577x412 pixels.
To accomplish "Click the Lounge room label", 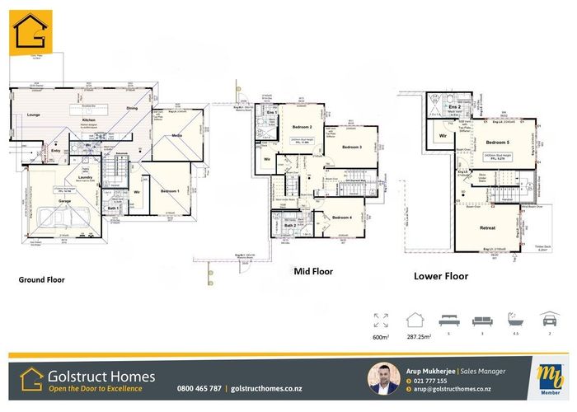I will coord(34,115).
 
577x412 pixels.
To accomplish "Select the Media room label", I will coord(177,136).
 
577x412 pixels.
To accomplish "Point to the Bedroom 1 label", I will coord(171,190).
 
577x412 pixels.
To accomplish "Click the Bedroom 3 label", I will coord(353,147).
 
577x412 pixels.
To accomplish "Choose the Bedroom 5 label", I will coord(497,120).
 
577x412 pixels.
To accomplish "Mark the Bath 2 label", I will coord(289,225).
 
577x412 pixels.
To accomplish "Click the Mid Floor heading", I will coord(312,270).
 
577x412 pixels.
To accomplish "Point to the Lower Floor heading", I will coord(441,277).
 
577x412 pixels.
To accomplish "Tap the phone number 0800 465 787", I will coord(199,388).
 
